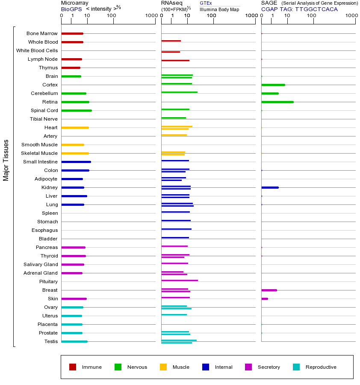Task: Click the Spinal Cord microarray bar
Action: pyautogui.click(x=77, y=110)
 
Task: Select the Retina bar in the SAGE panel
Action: pyautogui.click(x=277, y=102)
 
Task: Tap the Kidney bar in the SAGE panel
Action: pyautogui.click(x=270, y=187)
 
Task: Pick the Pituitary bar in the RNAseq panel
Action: pyautogui.click(x=180, y=280)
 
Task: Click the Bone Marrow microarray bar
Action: pyautogui.click(x=72, y=33)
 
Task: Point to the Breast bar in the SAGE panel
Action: pyautogui.click(x=269, y=290)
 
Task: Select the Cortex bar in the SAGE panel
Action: pyautogui.click(x=273, y=85)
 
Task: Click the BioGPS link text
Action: pyautogui.click(x=71, y=9)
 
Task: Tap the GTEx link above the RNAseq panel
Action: pyautogui.click(x=206, y=3)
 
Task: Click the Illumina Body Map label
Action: pyautogui.click(x=219, y=9)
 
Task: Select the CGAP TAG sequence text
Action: pyautogui.click(x=299, y=9)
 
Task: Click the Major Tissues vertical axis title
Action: pyautogui.click(x=6, y=160)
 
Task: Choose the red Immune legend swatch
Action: pyautogui.click(x=73, y=367)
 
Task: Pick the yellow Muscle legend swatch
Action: pyautogui.click(x=163, y=367)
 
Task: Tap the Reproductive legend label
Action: pyautogui.click(x=321, y=367)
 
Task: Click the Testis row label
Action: pyautogui.click(x=51, y=341)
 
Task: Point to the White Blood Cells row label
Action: pyautogui.click(x=37, y=50)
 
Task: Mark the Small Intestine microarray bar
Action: pyautogui.click(x=76, y=162)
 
